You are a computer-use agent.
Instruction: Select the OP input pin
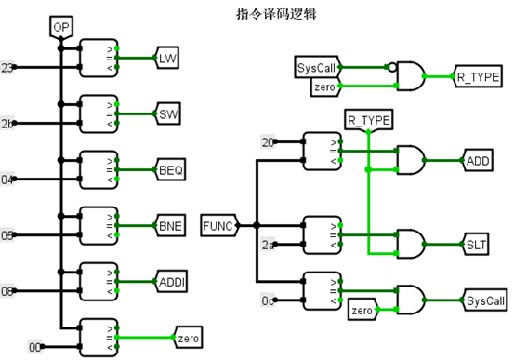tap(61, 29)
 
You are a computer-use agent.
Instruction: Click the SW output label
tap(168, 114)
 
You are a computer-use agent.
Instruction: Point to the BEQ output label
tap(170, 170)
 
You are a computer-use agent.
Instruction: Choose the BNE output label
tap(169, 226)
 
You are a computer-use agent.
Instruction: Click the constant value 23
tap(8, 68)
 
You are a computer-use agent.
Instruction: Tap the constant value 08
tap(8, 291)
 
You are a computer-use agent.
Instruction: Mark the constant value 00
tap(35, 347)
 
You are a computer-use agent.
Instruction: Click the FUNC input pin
tap(219, 224)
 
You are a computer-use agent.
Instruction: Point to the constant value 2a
tap(269, 246)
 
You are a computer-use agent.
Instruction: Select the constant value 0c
tap(269, 301)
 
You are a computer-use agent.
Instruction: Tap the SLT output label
tap(476, 246)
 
